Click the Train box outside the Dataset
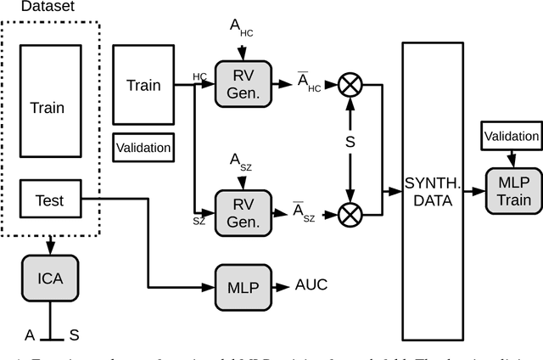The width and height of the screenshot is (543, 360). [143, 85]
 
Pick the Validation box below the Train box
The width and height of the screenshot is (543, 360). [143, 148]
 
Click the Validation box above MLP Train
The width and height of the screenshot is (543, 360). [510, 136]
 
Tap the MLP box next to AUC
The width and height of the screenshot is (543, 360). [242, 285]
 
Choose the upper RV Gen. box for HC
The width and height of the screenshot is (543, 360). [242, 83]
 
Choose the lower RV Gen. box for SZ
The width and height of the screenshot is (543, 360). [242, 213]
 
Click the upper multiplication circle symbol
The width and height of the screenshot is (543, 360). [350, 83]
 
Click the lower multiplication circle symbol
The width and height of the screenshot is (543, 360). [350, 213]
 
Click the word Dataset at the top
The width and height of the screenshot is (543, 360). [31, 8]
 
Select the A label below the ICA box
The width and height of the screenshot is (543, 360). [29, 335]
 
